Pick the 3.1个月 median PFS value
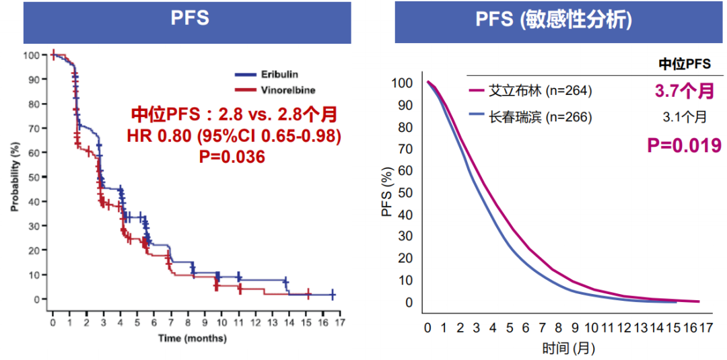pyautogui.click(x=683, y=117)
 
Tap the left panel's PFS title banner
pyautogui.click(x=189, y=20)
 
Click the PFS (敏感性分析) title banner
pyautogui.click(x=554, y=20)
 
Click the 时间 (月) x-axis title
pyautogui.click(x=568, y=349)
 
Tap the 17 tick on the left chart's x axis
pyautogui.click(x=341, y=323)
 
